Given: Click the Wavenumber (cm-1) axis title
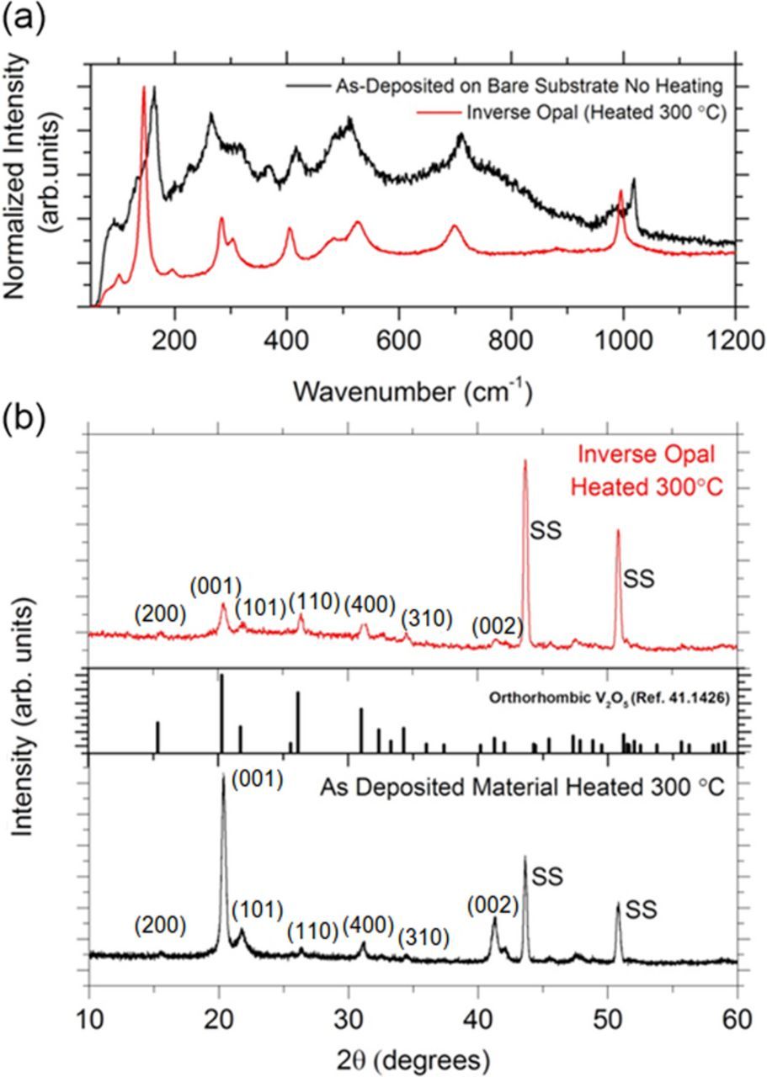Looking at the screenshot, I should pyautogui.click(x=413, y=389).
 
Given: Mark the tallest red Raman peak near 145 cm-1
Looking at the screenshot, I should pyautogui.click(x=144, y=88).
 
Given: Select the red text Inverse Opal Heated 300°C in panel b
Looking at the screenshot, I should pyautogui.click(x=662, y=471).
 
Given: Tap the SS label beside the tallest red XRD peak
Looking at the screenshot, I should pyautogui.click(x=546, y=531).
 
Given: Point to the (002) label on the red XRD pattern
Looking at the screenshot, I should pyautogui.click(x=498, y=626).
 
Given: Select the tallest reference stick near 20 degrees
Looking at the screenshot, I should pyautogui.click(x=221, y=711).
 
